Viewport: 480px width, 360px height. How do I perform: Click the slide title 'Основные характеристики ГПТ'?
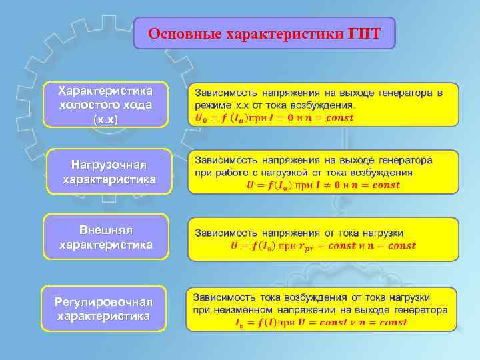coord(264,33)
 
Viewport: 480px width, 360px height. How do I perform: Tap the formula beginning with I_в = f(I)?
coord(321,322)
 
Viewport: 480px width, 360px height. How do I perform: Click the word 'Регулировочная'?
coord(103,302)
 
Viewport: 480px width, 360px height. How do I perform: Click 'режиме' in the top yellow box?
coord(213,105)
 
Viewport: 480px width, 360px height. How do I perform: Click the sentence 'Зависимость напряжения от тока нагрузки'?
coord(299,233)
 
